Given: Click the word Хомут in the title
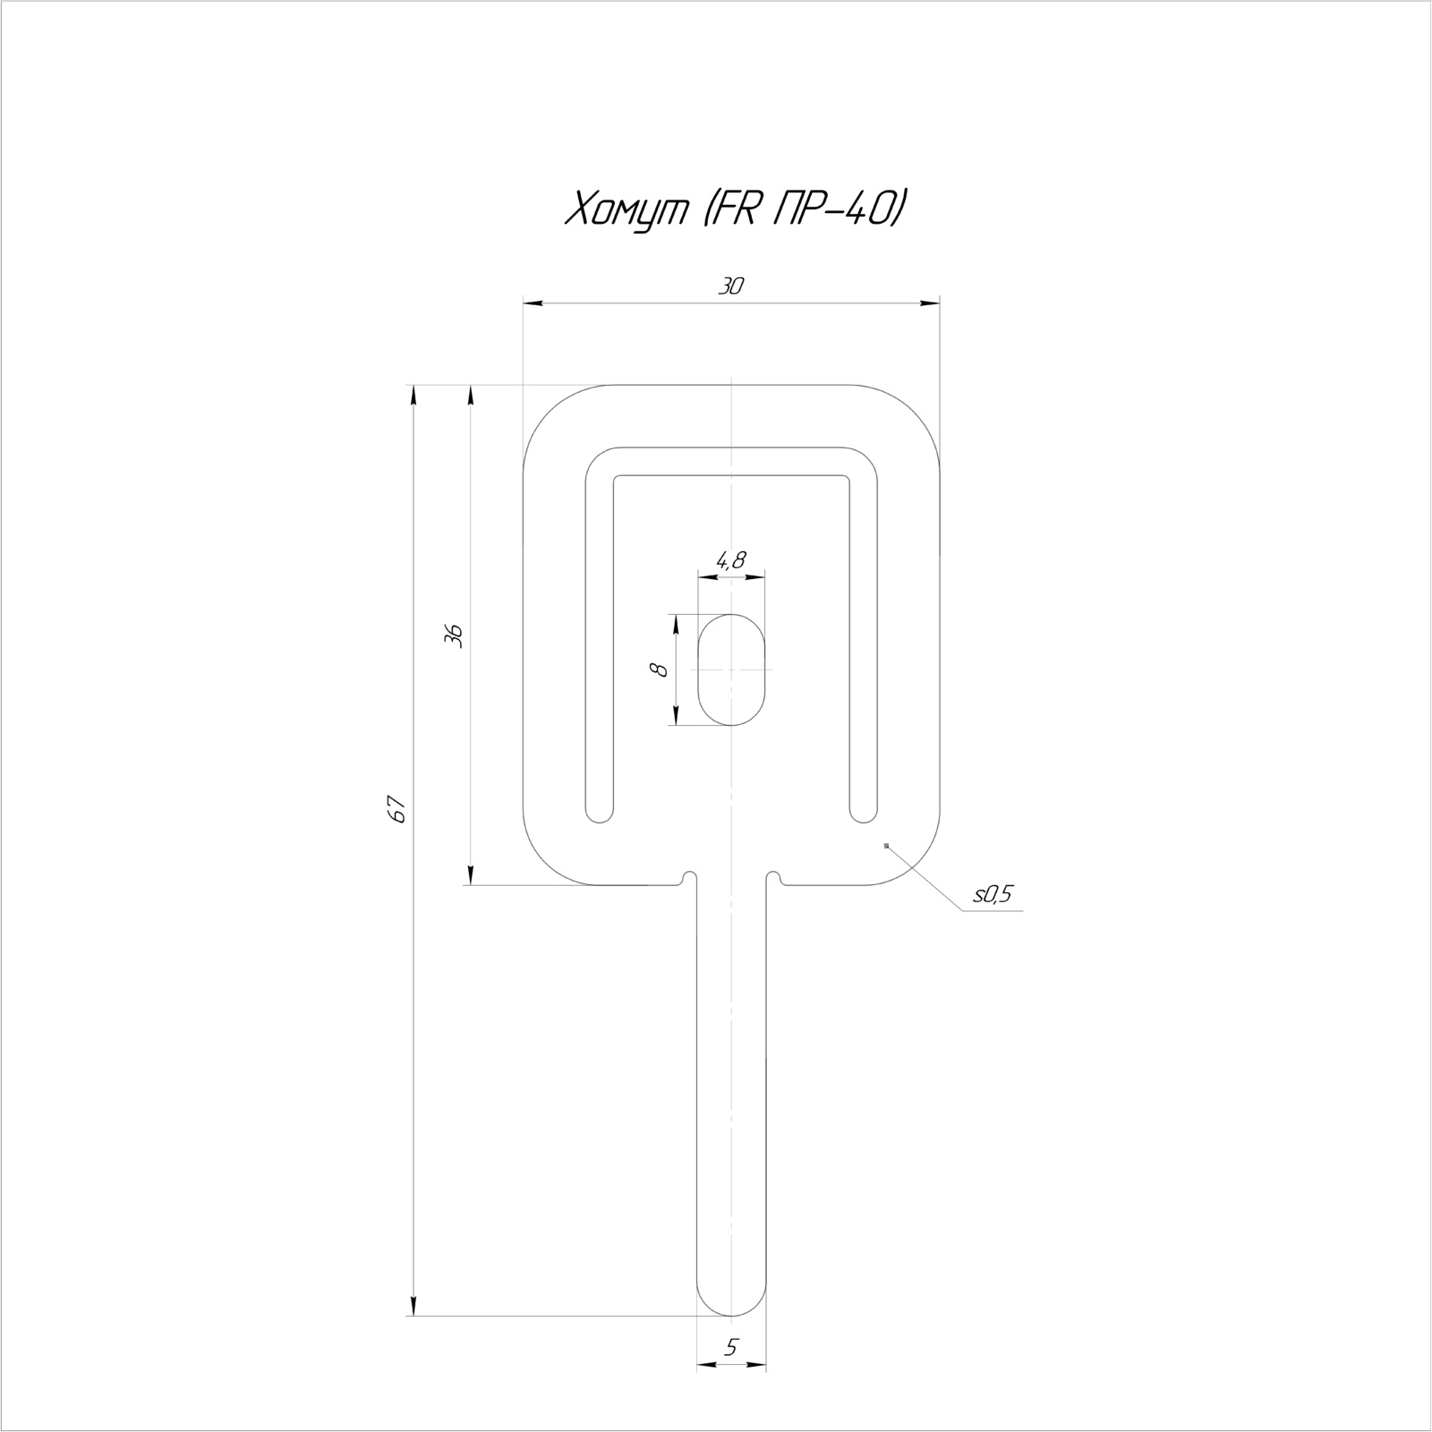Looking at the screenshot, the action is pos(625,211).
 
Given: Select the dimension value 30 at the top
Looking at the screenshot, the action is pos(731,286).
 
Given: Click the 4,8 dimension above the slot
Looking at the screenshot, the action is pos(730,561).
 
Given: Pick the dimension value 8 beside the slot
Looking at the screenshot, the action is pos(661,669).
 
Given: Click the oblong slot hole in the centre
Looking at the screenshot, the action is pos(732,669).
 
